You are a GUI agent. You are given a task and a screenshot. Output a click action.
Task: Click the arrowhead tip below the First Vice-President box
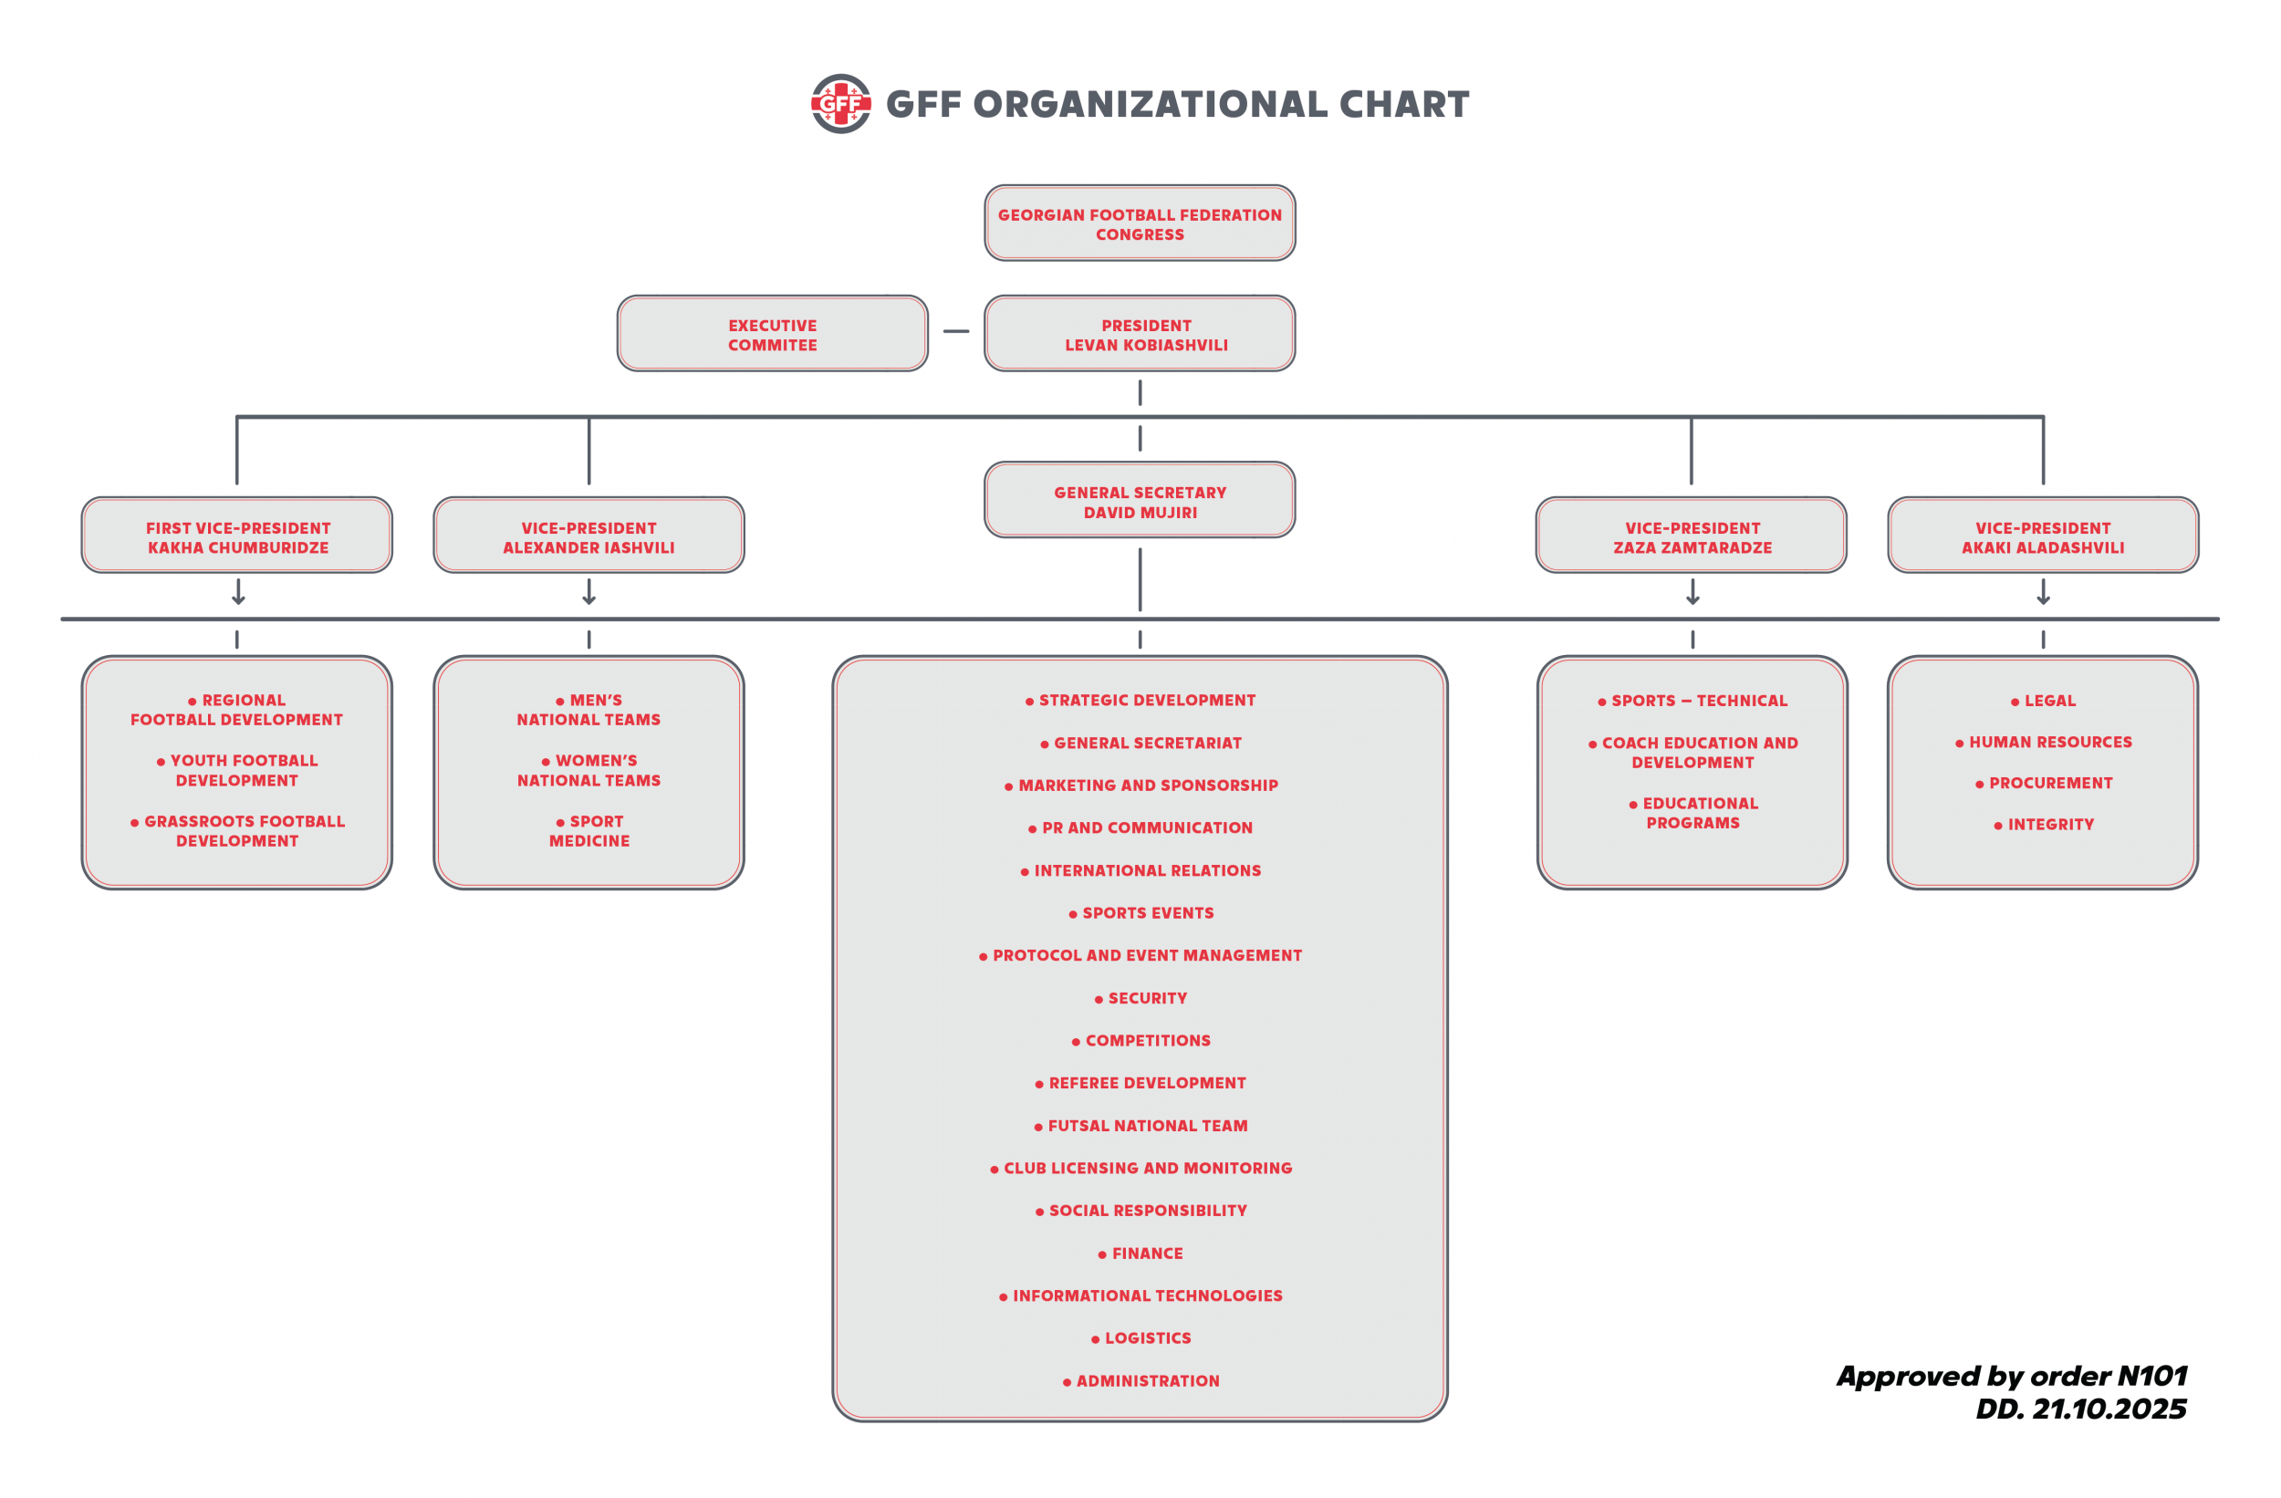click(x=239, y=604)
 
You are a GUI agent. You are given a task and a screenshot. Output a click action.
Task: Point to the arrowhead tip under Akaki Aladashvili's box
click(x=2043, y=604)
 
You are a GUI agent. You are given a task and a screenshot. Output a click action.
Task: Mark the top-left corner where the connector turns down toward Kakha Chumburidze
click(x=236, y=417)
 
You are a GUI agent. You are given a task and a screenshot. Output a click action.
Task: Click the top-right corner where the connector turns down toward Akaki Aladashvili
click(x=2043, y=417)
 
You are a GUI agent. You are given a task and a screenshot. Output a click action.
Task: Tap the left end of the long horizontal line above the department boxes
click(x=62, y=619)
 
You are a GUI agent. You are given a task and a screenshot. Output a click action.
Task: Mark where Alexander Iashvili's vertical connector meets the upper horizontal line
click(x=589, y=417)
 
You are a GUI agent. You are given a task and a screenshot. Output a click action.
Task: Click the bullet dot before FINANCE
click(x=1102, y=1254)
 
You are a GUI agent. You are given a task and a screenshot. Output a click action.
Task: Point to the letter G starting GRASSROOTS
click(x=151, y=821)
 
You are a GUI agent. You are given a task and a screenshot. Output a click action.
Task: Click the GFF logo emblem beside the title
click(x=840, y=103)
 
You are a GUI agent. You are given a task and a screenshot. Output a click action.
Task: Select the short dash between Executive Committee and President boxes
click(x=956, y=331)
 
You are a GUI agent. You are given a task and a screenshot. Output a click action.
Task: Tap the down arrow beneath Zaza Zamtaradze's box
click(x=1693, y=591)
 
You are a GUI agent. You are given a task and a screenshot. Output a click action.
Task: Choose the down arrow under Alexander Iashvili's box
click(x=589, y=591)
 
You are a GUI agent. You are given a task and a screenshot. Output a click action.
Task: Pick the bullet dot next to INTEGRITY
click(x=1998, y=827)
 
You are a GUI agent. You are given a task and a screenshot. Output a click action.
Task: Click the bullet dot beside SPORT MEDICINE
click(x=560, y=823)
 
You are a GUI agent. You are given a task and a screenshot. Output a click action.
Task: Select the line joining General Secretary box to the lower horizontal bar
click(x=1140, y=580)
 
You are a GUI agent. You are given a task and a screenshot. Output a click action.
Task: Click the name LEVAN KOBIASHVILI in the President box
click(x=1146, y=345)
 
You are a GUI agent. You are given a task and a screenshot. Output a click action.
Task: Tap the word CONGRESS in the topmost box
click(x=1140, y=234)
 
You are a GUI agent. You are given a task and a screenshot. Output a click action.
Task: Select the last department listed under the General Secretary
click(x=1140, y=1381)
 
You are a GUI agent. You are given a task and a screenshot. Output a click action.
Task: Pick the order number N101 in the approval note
click(x=2152, y=1377)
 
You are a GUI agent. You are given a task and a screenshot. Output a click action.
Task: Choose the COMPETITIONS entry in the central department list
click(x=1140, y=1041)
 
